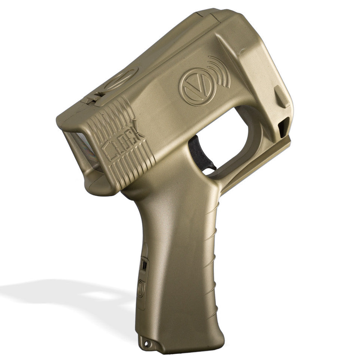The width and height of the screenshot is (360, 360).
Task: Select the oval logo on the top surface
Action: pos(121,78)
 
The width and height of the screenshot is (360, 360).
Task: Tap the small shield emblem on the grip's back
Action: pos(140,288)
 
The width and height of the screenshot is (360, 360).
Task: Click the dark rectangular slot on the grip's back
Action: pos(144,265)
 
